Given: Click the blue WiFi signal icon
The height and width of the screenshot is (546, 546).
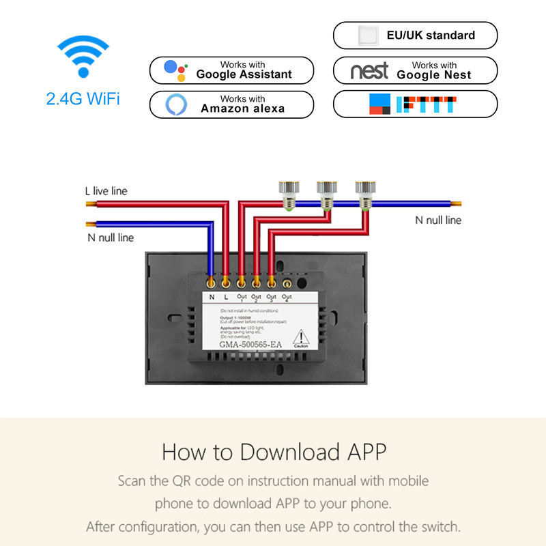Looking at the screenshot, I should (x=83, y=57).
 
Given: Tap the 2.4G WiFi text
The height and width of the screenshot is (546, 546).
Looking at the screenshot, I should (x=83, y=99).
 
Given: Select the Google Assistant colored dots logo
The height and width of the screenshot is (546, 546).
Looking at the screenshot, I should (x=175, y=70).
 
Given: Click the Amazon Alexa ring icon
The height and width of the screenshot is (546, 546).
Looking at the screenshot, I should (x=175, y=104).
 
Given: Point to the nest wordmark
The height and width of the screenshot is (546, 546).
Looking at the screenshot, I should (x=369, y=70).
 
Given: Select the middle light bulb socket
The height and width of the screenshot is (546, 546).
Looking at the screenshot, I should (x=326, y=192).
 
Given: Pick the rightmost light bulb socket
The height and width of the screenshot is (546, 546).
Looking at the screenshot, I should (x=364, y=192).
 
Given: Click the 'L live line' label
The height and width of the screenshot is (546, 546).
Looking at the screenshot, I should (x=106, y=191).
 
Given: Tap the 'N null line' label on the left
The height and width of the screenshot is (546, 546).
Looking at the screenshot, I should (x=110, y=238).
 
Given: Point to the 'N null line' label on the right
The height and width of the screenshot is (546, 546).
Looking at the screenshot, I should (x=438, y=220).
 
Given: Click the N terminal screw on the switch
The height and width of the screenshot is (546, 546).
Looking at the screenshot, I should (x=212, y=281).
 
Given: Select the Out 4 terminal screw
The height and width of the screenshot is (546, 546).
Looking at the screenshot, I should (x=287, y=281).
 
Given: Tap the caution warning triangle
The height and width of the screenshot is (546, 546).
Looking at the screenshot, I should (x=301, y=338).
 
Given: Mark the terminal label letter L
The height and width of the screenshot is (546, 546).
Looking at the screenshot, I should (x=226, y=297).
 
